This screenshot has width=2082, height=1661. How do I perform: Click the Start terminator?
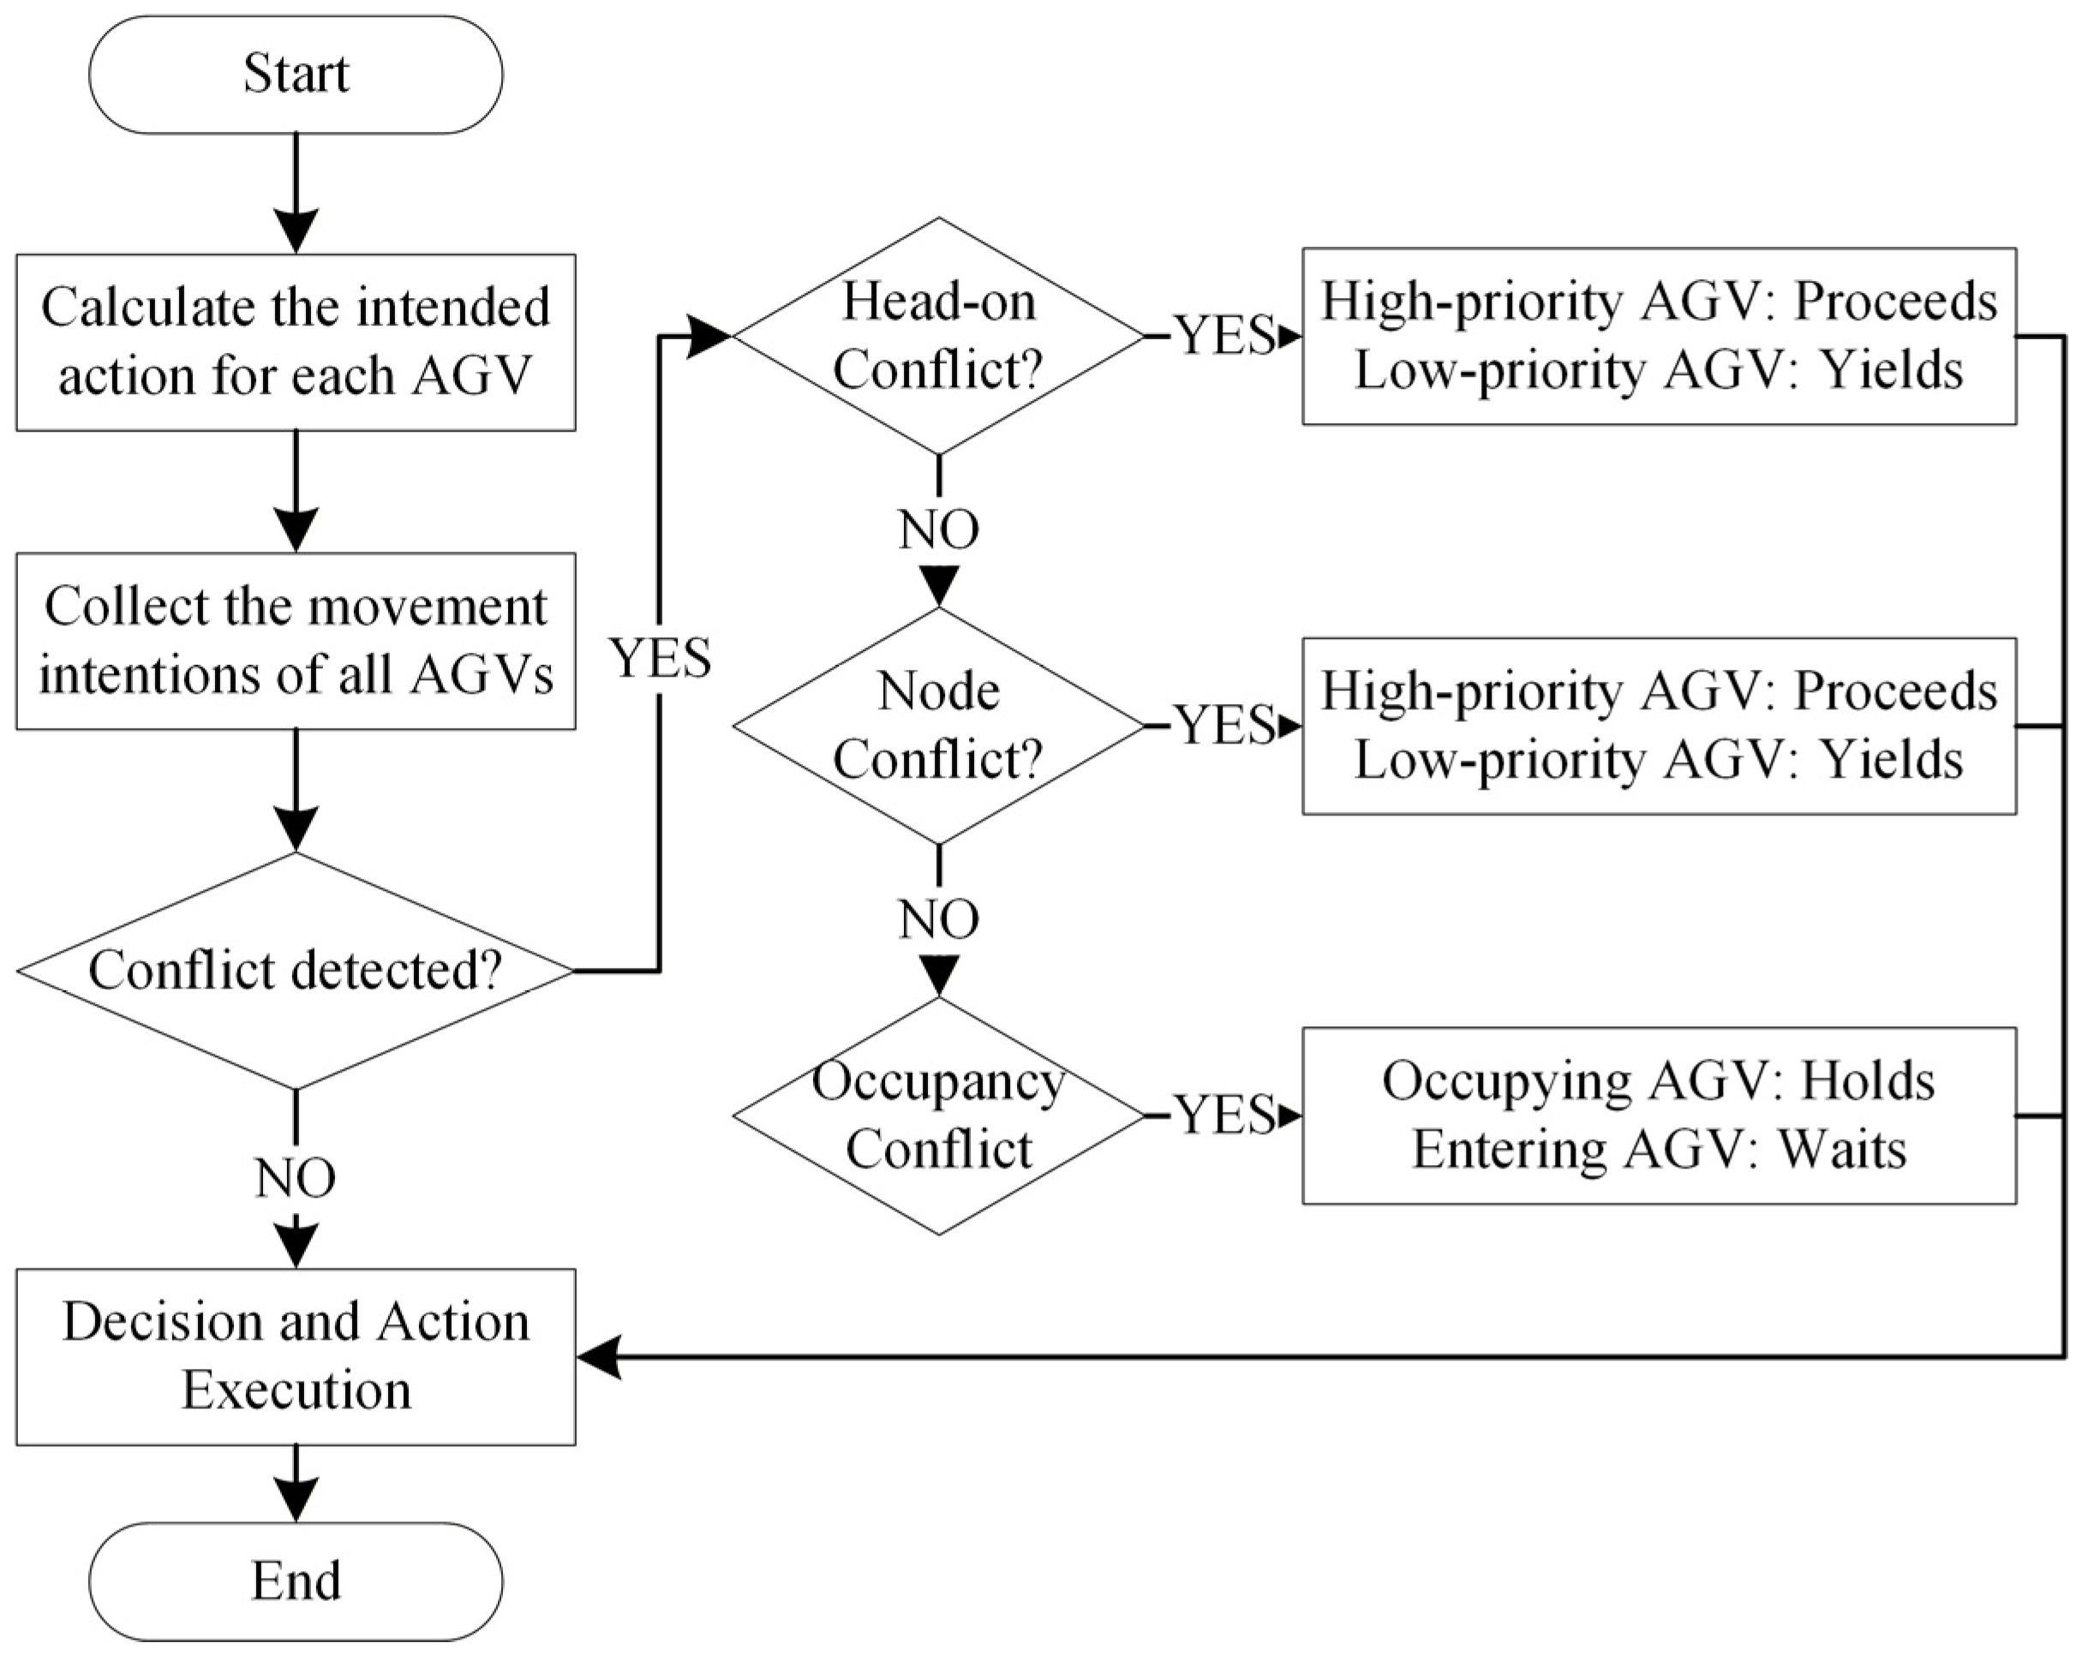click(296, 75)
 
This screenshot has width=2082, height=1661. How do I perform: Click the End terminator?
click(296, 1580)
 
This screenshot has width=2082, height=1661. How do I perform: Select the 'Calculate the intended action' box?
click(296, 342)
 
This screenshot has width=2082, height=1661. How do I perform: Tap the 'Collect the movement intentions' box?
click(296, 640)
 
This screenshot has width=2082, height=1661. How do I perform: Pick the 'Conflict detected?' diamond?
click(296, 971)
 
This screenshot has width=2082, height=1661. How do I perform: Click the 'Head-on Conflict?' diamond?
click(939, 336)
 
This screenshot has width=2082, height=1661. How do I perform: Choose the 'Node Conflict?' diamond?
click(939, 726)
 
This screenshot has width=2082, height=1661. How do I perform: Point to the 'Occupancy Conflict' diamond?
click(939, 1115)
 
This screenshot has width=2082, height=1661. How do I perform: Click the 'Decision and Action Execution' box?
click(296, 1357)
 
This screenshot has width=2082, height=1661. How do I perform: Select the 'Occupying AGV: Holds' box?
click(1659, 1115)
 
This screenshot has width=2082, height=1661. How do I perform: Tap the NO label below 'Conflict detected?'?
click(296, 1177)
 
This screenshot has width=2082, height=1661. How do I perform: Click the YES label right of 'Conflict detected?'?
click(661, 658)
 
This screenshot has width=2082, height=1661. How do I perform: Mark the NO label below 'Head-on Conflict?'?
click(939, 529)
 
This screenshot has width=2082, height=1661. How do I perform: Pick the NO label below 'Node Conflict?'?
click(939, 918)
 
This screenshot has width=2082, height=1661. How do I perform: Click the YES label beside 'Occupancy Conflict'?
click(1224, 1115)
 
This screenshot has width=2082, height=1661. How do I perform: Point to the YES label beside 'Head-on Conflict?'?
click(1224, 336)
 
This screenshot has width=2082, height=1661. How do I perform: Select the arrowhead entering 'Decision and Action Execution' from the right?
click(599, 1357)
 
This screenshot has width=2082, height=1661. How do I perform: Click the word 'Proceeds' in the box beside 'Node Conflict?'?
click(1895, 691)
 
